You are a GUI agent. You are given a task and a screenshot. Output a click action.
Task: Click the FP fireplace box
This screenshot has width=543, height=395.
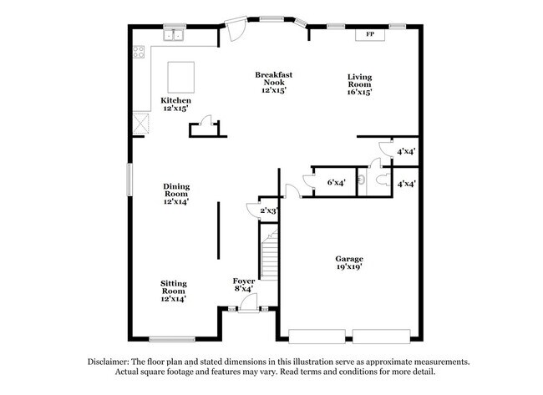click(369, 35)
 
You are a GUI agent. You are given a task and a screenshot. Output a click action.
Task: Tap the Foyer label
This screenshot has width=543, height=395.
click(244, 281)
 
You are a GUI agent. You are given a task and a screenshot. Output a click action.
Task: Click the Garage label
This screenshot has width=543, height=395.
click(349, 259)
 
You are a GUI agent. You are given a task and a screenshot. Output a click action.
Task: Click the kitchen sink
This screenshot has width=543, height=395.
click(175, 35)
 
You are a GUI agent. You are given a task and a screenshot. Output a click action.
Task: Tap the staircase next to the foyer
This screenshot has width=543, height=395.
click(268, 256)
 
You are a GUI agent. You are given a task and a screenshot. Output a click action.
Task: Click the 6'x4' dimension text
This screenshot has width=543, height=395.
click(337, 181)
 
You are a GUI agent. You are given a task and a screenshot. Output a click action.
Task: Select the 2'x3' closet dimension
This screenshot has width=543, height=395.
click(268, 211)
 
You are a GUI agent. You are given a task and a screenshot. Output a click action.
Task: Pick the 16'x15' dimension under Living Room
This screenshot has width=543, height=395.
click(359, 92)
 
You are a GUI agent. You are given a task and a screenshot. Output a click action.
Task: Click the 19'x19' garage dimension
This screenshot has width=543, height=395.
click(349, 269)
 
